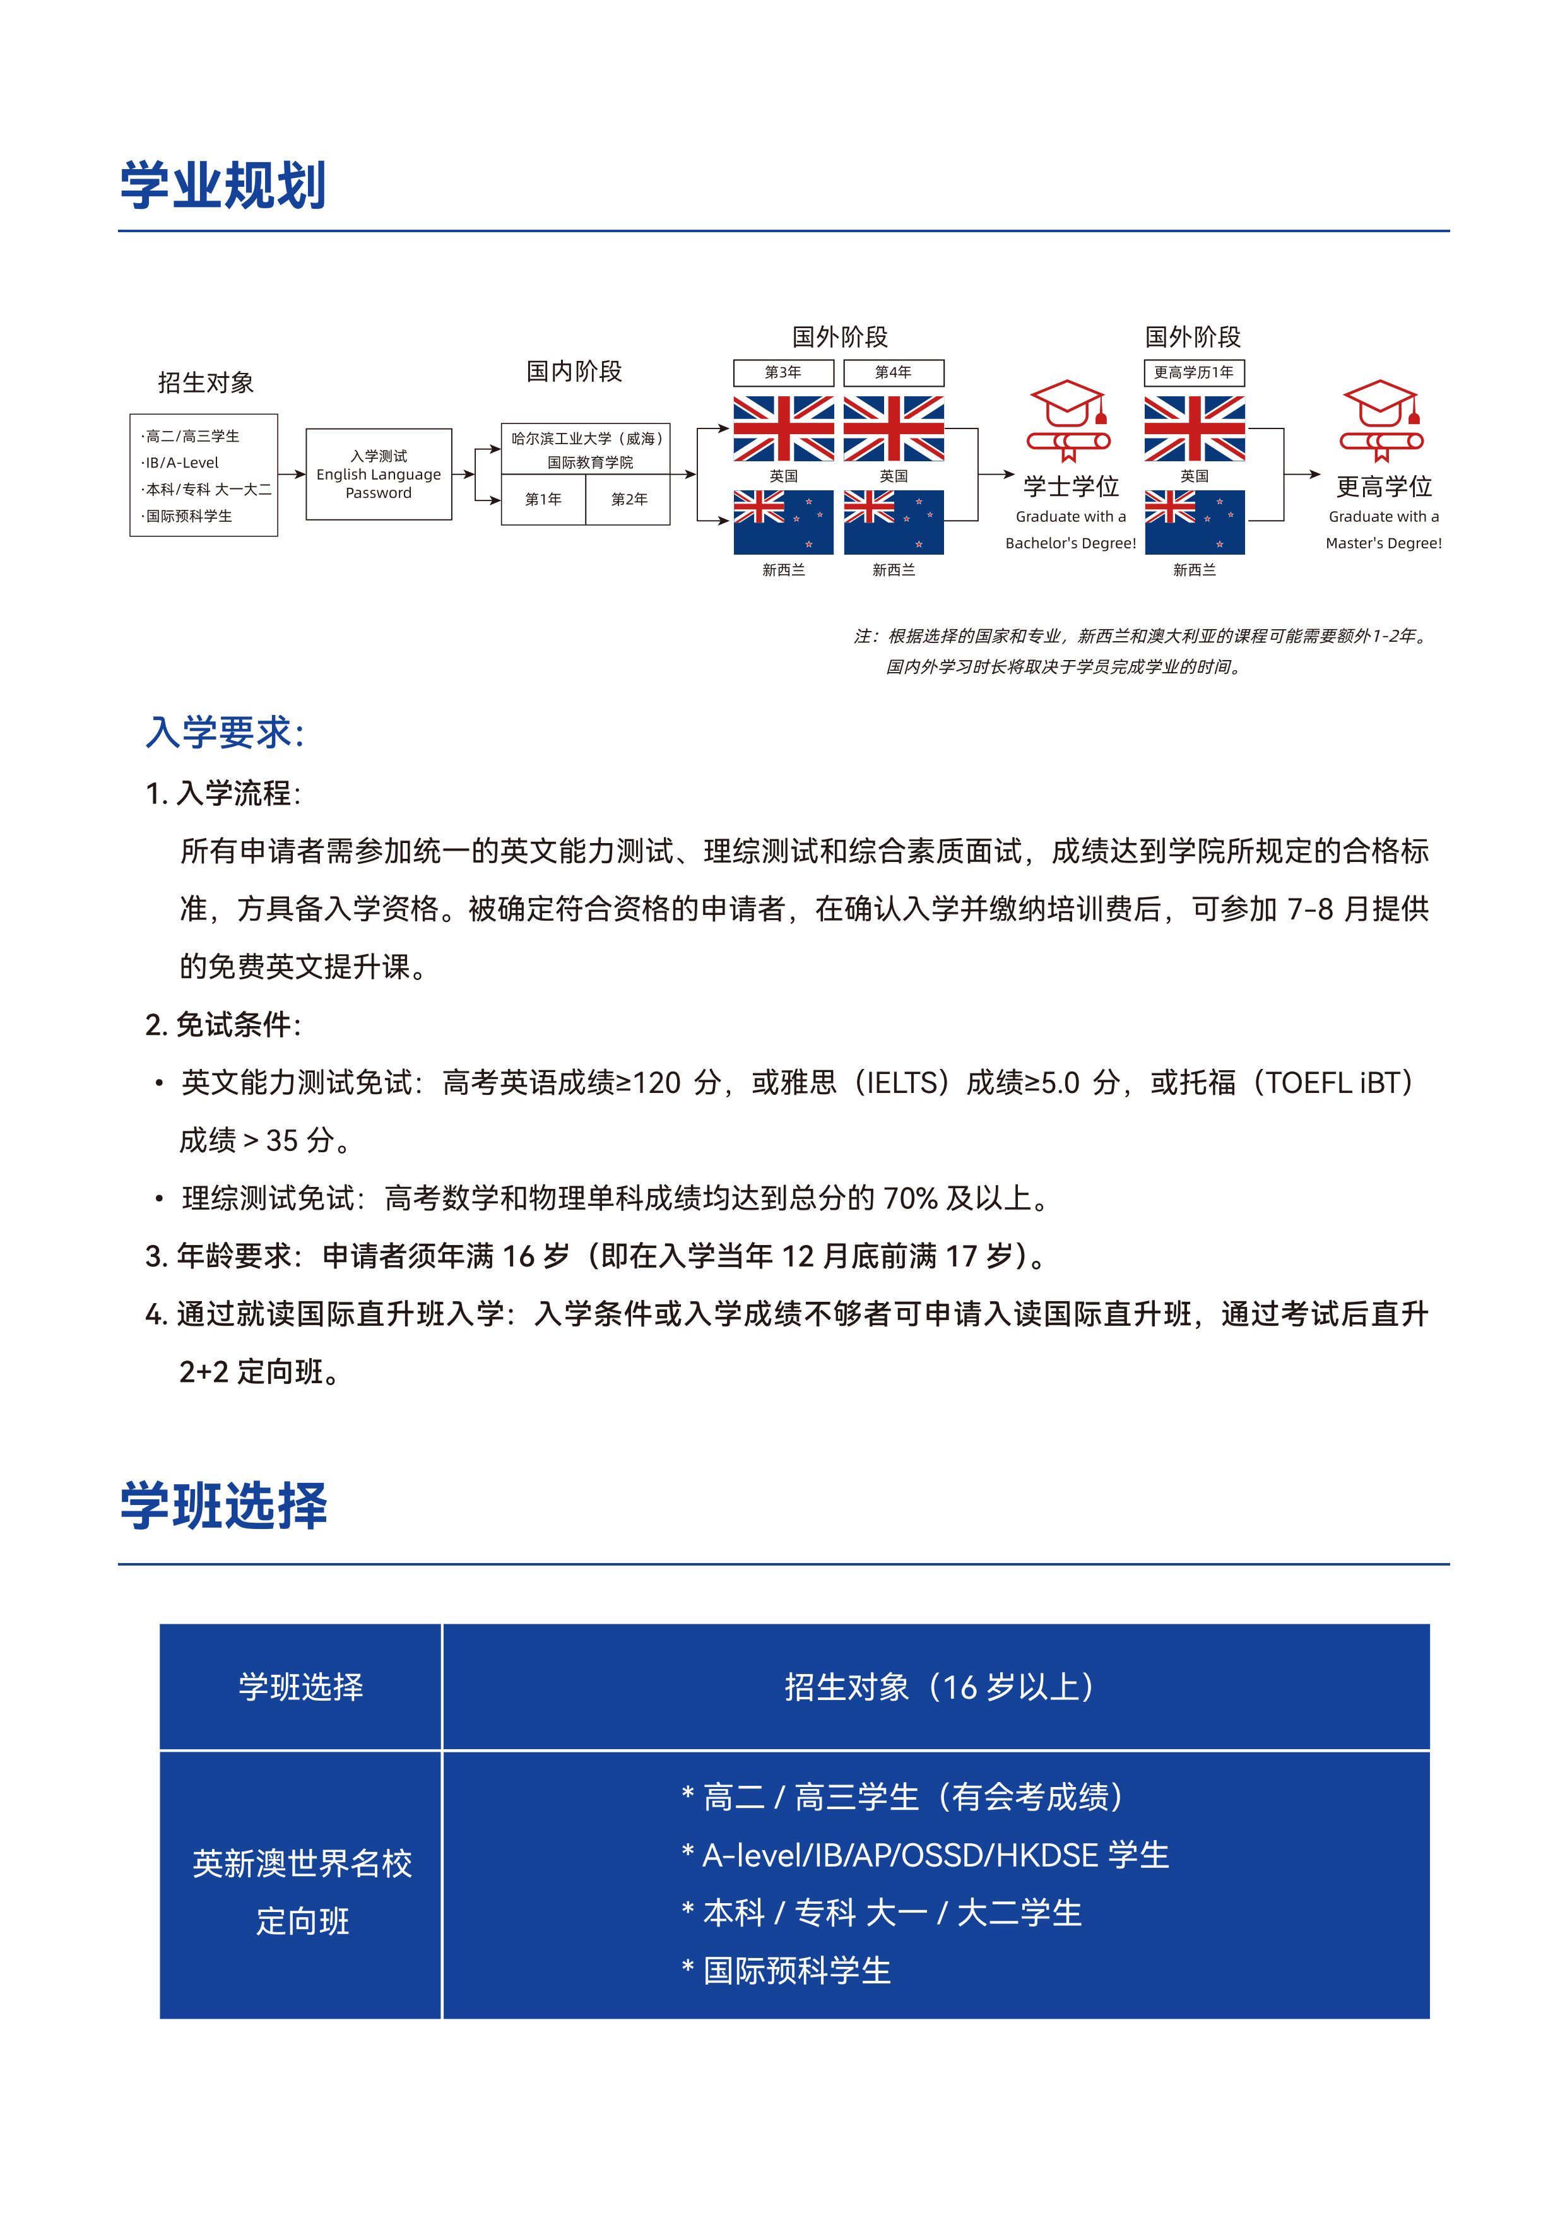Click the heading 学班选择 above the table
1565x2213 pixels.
[223, 1506]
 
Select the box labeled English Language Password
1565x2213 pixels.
[379, 475]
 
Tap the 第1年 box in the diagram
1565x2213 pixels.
[543, 499]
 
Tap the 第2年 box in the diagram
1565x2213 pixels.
[629, 499]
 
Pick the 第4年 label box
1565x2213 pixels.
[894, 373]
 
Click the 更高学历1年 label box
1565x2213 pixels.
[1194, 373]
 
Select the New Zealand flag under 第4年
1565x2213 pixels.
[894, 522]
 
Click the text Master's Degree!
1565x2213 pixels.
[1383, 543]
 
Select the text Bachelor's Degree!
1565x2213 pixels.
[1071, 543]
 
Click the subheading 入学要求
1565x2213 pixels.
[225, 733]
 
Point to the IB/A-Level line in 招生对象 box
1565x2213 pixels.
[182, 463]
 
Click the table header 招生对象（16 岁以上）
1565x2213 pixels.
[938, 1687]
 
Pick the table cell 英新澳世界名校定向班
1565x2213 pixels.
[302, 1892]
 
